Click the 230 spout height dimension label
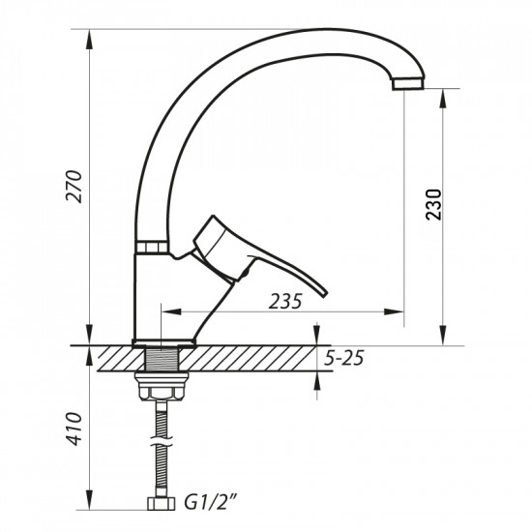tap(434, 203)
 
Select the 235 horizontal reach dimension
tap(285, 301)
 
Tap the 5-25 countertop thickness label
tap(343, 359)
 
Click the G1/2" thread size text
tap(210, 503)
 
